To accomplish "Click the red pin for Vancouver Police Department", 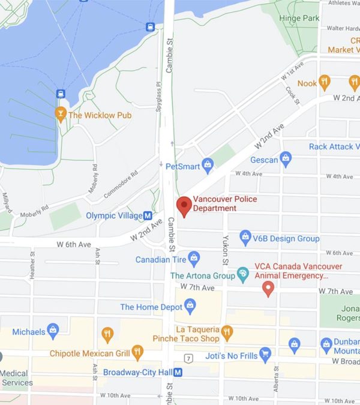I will tap(184, 206).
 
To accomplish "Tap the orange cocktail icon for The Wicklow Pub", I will tap(60, 113).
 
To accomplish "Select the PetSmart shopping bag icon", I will tap(208, 164).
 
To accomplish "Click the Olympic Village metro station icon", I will tap(147, 215).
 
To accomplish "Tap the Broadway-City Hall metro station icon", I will tap(178, 372).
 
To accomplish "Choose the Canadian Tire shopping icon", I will tap(193, 259).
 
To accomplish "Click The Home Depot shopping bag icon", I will tap(190, 307).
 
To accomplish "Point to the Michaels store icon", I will tap(53, 331).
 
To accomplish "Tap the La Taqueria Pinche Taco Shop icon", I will tap(227, 332).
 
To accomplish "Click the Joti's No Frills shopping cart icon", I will tap(265, 355).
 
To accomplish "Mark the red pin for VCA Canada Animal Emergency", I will tap(269, 289).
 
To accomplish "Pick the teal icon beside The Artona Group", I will tap(243, 275).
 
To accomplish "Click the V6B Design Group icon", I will tap(245, 238).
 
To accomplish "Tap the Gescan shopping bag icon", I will tap(286, 160).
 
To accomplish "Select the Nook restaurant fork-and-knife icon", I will tap(325, 82).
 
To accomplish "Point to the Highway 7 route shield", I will tap(188, 359).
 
